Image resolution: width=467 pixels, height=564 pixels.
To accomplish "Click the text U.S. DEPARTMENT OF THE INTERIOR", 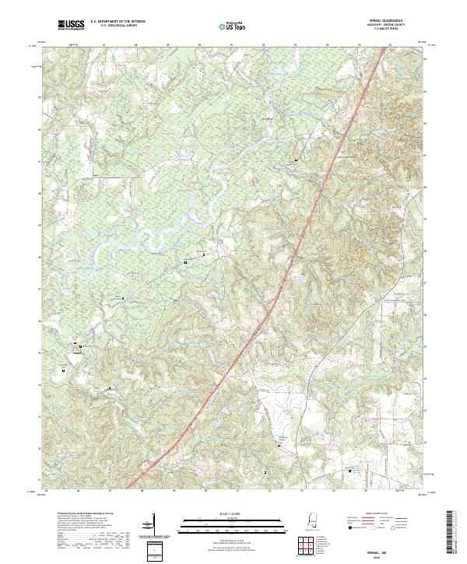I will click(118, 21).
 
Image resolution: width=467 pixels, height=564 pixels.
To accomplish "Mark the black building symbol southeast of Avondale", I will click(296, 160).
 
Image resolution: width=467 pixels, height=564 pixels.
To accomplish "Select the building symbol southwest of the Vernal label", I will click(63, 371).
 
